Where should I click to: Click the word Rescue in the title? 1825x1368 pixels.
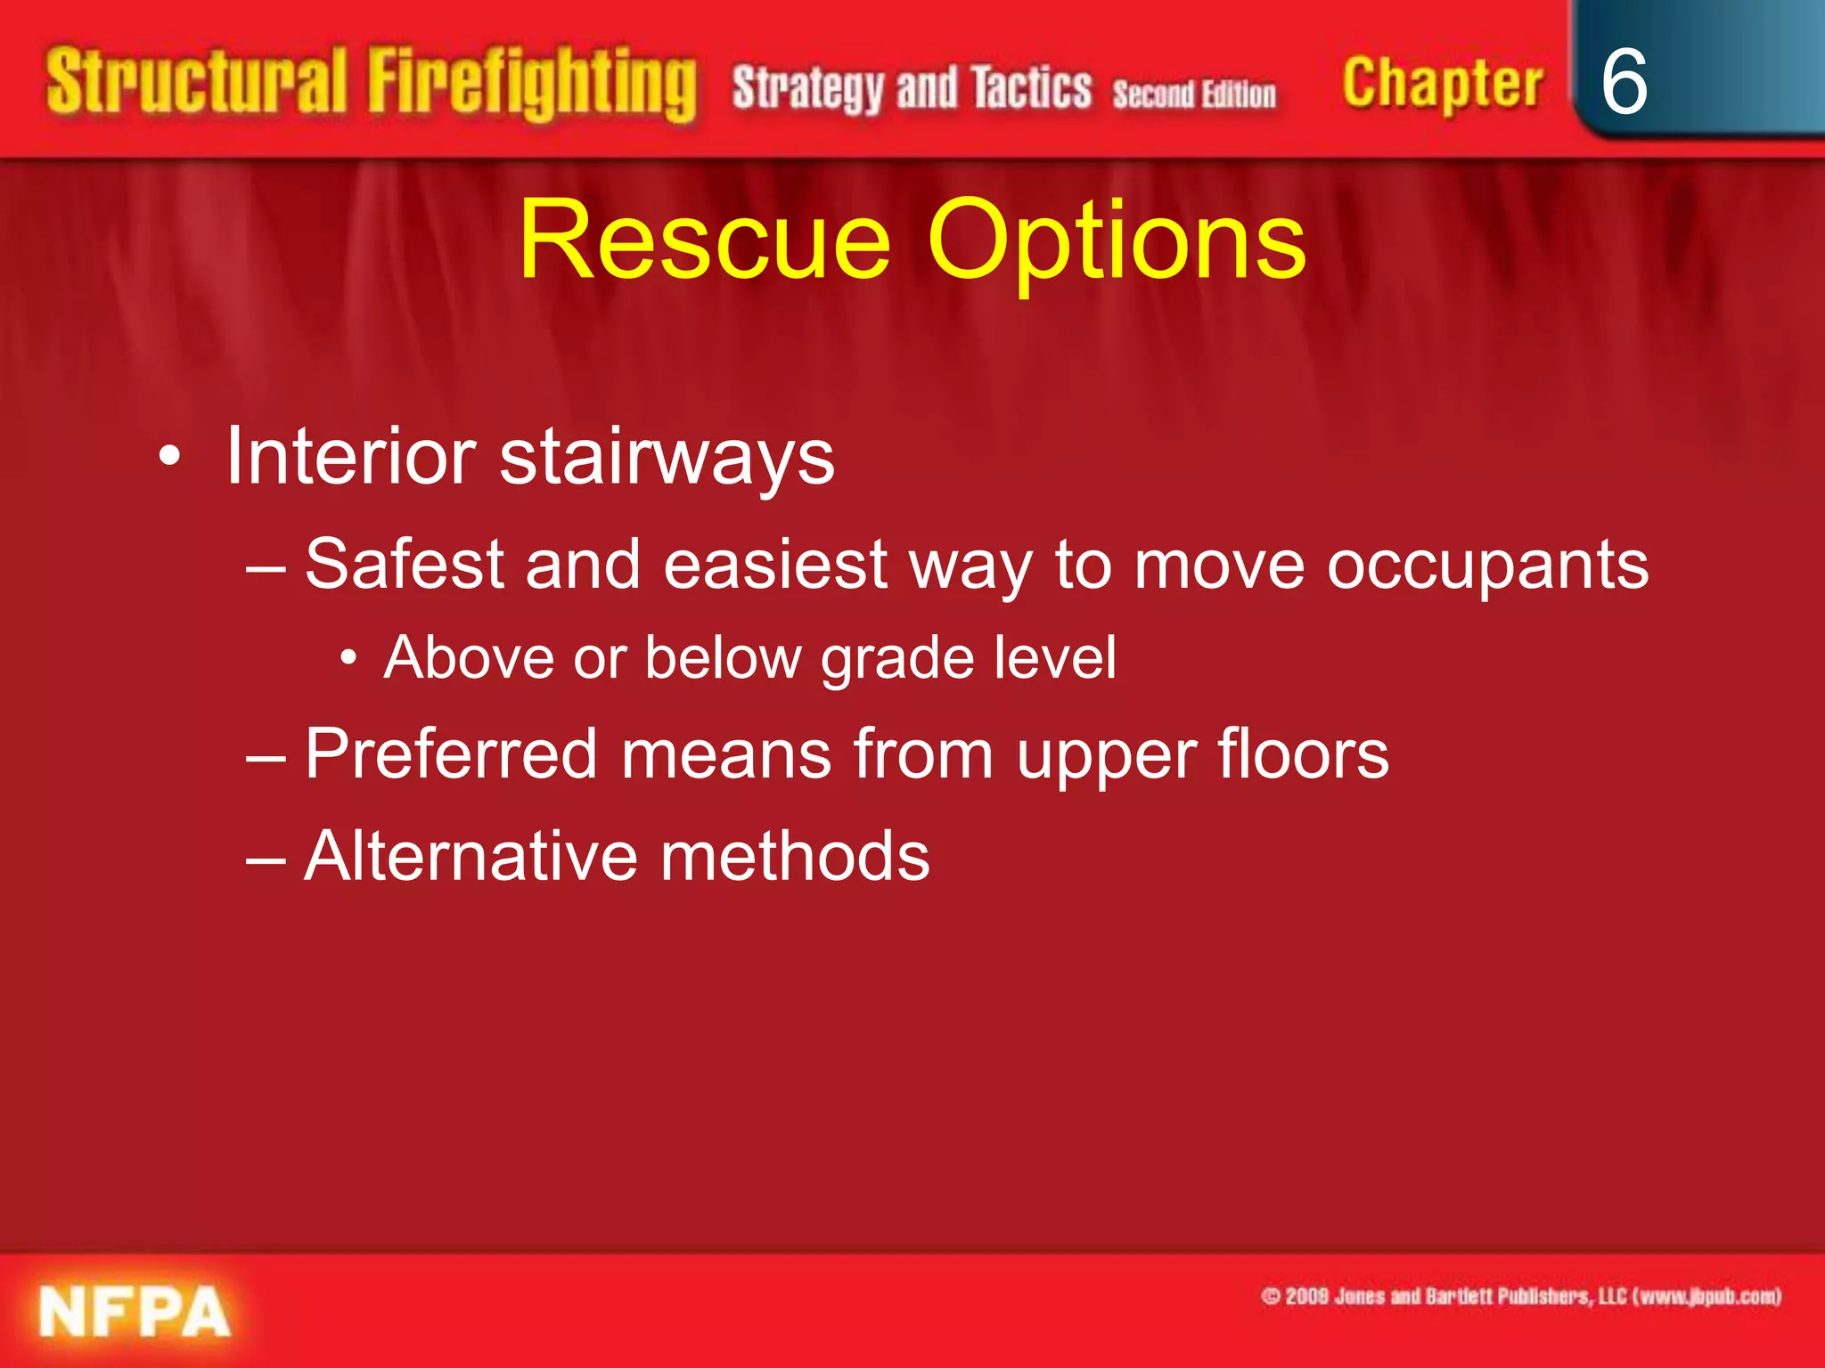pos(704,240)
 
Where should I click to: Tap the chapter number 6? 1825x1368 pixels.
pos(1624,82)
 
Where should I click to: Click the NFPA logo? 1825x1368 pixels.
pos(135,1312)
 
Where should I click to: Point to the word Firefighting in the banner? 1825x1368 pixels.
pos(532,85)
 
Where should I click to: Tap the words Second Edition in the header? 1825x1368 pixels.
pos(1194,94)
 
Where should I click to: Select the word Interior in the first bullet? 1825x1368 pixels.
pos(351,457)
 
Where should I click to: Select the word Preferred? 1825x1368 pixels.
pos(451,754)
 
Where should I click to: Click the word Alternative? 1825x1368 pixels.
pos(470,856)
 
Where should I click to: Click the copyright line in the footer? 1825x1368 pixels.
pos(1520,1296)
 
